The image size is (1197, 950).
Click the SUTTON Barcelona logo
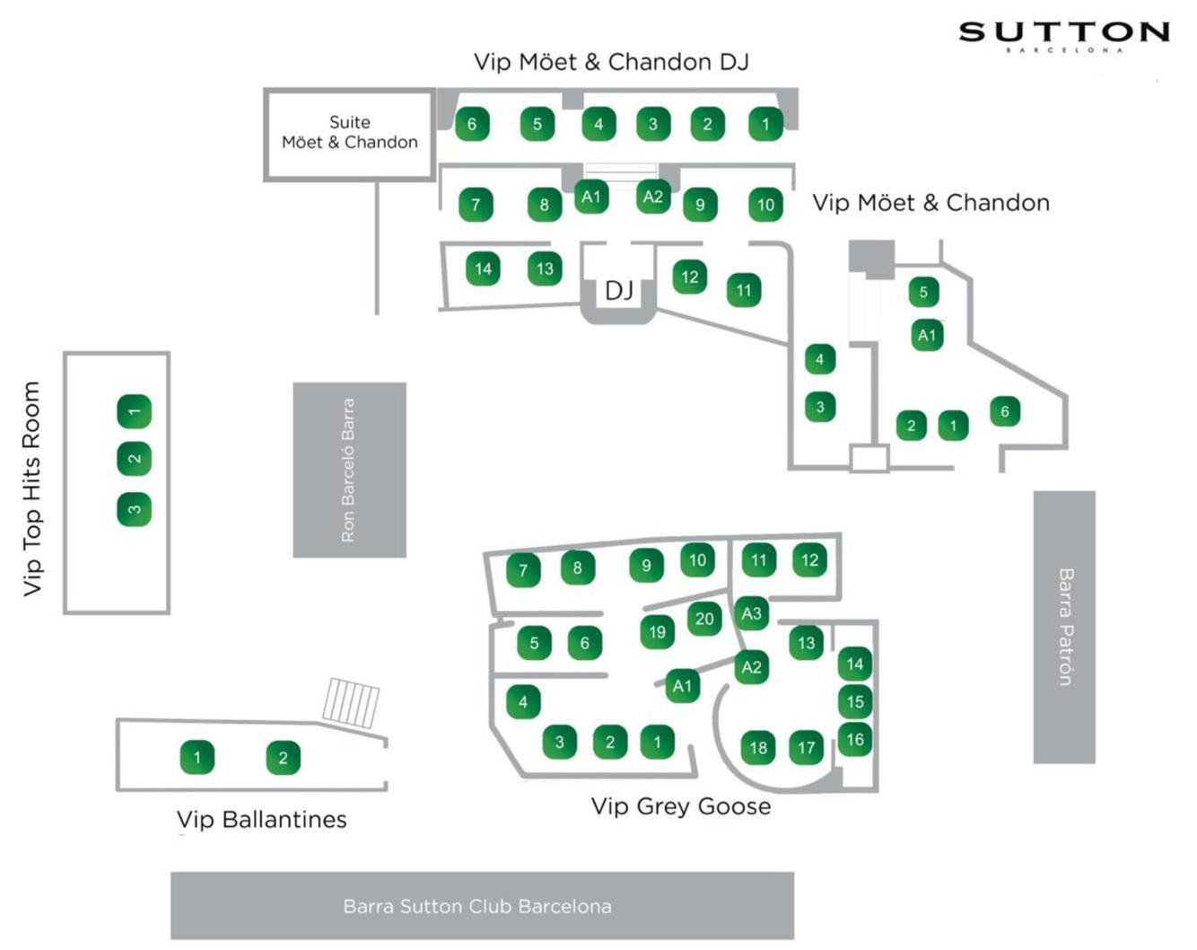[1064, 36]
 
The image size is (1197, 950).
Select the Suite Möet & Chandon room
[349, 134]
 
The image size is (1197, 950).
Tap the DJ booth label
[619, 290]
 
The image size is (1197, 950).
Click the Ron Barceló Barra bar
[349, 470]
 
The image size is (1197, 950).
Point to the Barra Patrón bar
[1064, 627]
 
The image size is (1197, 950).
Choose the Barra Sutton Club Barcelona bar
[482, 905]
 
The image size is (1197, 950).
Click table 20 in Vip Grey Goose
[704, 619]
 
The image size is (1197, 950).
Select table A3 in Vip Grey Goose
[751, 613]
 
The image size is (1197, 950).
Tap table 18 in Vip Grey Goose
[758, 747]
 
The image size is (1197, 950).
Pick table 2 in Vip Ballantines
[283, 758]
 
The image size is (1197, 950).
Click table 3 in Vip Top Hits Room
[135, 509]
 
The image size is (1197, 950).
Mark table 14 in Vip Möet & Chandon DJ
[483, 268]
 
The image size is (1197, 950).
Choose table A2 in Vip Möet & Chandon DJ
[652, 197]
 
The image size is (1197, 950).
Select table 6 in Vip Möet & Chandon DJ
[472, 124]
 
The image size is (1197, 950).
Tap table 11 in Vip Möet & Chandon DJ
[744, 290]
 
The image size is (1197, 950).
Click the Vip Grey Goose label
[680, 806]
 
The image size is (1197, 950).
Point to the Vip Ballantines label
[261, 819]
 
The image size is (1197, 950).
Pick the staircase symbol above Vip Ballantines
[351, 701]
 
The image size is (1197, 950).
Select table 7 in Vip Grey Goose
[523, 569]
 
